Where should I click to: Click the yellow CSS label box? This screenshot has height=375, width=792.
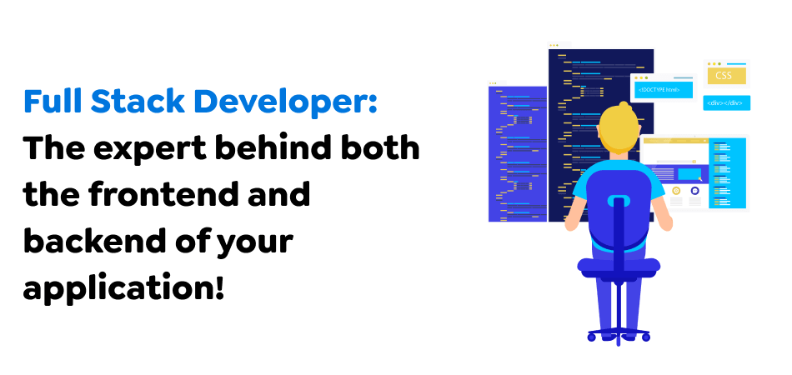click(x=724, y=76)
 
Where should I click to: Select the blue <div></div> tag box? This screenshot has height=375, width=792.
click(x=726, y=103)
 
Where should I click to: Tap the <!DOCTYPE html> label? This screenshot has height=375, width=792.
click(x=661, y=89)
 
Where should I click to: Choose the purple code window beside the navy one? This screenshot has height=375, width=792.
click(x=517, y=150)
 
